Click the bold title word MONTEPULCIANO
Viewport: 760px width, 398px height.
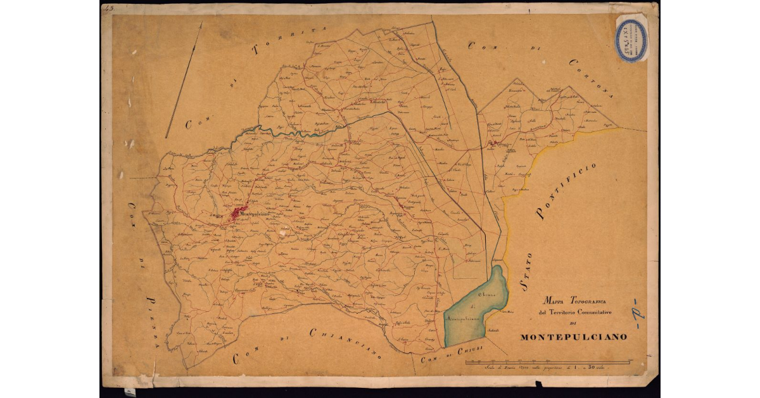point(573,337)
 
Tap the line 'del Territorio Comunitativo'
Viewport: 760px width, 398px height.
point(574,312)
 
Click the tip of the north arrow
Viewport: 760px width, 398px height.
point(201,23)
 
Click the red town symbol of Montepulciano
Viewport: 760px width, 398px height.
point(237,214)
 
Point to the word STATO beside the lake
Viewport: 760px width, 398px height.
point(526,271)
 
